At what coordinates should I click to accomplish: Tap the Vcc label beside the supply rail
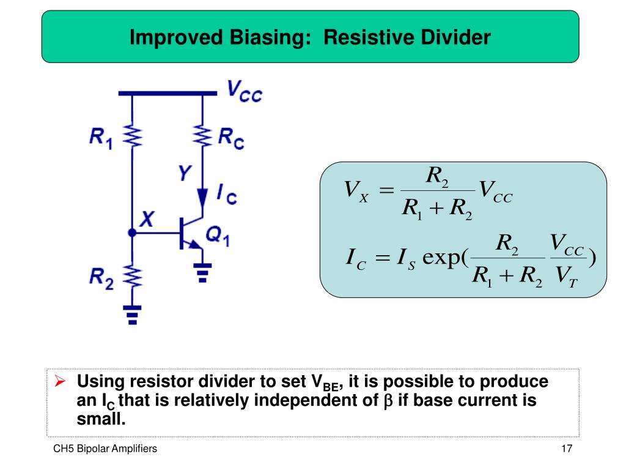coord(245,92)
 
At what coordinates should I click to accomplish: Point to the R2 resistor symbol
coord(133,275)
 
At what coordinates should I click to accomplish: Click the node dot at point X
coord(132,233)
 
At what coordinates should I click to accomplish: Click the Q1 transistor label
coord(217,236)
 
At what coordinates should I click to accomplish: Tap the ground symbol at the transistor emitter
coord(202,271)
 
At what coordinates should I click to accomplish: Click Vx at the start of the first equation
coord(355,191)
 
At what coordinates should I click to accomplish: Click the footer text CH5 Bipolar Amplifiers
coord(105,449)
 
